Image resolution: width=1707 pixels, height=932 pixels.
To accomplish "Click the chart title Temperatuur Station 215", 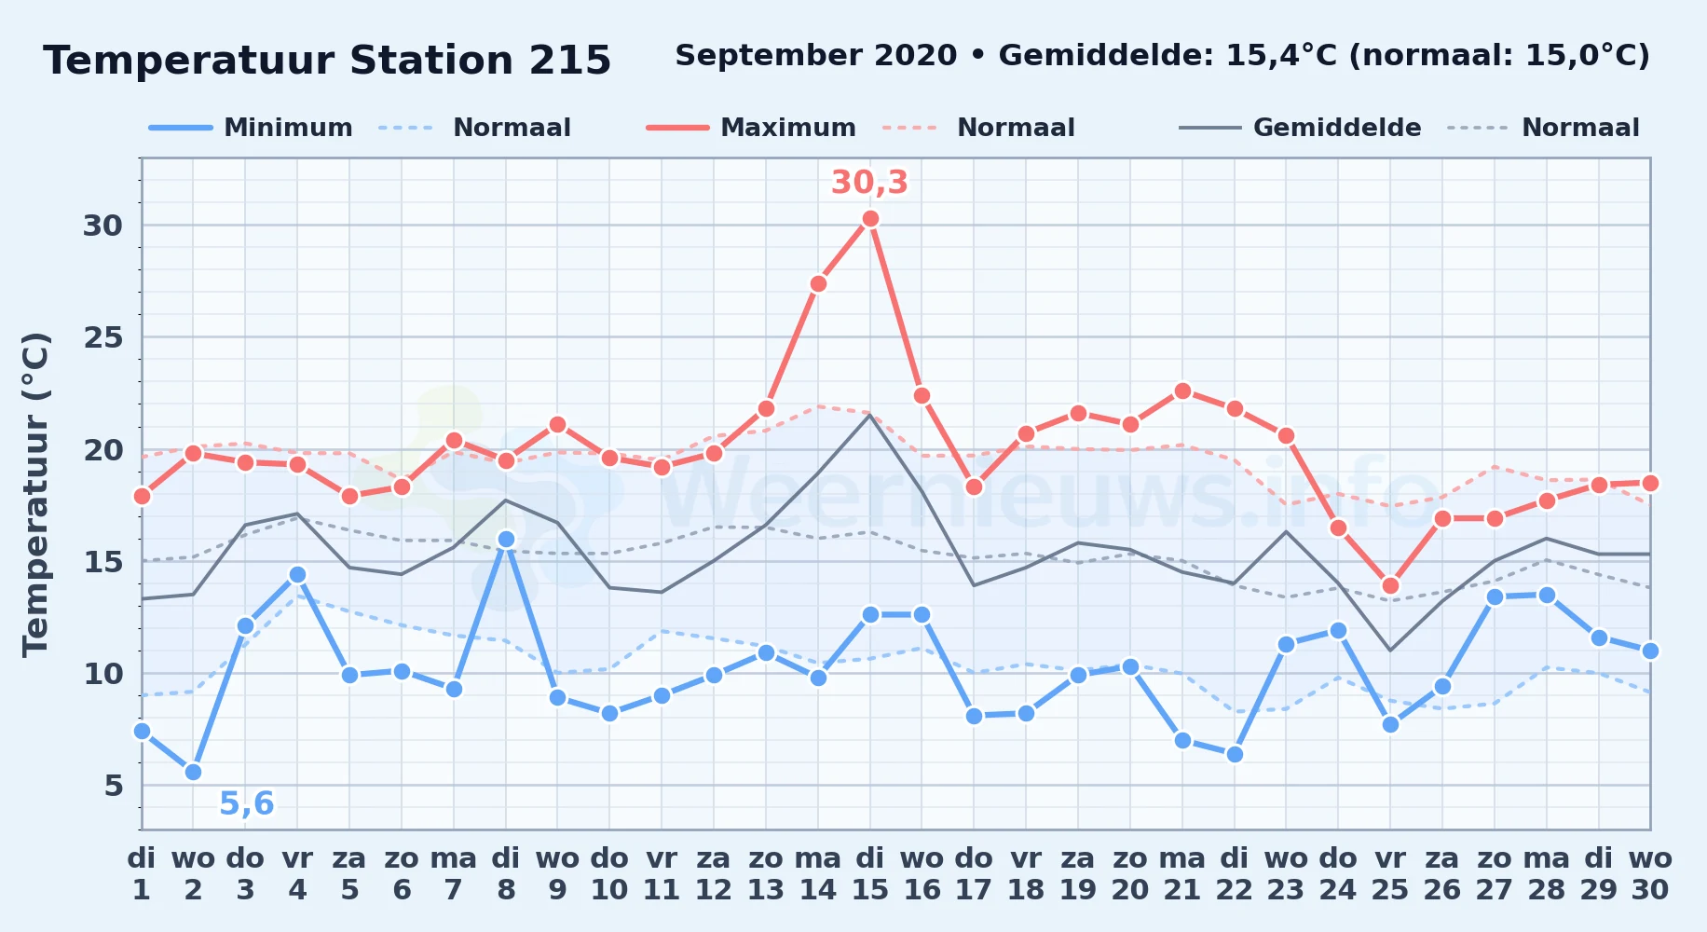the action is tap(327, 61).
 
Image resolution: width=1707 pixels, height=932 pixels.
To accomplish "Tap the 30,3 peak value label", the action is tap(869, 183).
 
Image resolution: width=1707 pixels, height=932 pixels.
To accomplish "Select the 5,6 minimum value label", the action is tap(247, 803).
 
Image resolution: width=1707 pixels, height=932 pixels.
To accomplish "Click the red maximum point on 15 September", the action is tap(870, 218).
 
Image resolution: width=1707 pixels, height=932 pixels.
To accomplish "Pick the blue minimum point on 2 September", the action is tap(193, 772).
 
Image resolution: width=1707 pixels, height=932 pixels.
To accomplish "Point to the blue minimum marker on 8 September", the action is tap(506, 539).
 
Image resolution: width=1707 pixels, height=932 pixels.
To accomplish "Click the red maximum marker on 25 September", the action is tap(1390, 585).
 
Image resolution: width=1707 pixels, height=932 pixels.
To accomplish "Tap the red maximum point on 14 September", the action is tap(818, 283).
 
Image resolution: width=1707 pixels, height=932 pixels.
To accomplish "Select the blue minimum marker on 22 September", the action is tap(1235, 754).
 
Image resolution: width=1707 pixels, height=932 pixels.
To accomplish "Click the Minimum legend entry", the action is tap(251, 128).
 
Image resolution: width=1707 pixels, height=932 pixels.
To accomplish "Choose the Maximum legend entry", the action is tap(751, 128).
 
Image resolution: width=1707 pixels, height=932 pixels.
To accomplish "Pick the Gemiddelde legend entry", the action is tap(1300, 128).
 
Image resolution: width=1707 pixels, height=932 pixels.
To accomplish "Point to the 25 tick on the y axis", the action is tap(102, 337).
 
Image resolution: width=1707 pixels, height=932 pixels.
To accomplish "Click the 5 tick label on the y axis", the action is tap(114, 786).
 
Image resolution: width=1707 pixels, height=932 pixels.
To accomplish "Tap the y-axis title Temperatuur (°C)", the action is tap(35, 494).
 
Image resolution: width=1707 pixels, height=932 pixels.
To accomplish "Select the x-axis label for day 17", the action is tap(974, 873).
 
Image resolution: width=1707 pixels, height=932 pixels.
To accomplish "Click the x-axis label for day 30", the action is tap(1650, 873).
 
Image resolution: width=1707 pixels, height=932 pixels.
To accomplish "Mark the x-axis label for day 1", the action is tap(142, 873).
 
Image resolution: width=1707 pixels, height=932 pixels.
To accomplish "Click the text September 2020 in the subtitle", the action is tap(816, 56).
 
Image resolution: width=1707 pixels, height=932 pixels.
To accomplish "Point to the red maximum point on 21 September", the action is tap(1182, 391).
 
